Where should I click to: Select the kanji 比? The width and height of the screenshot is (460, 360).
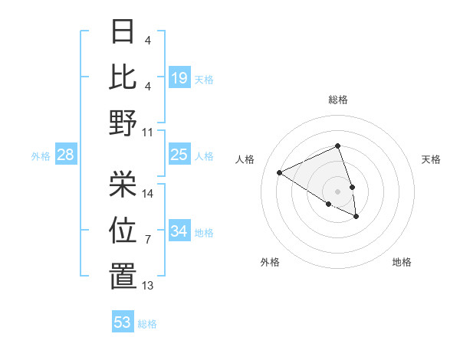click(123, 77)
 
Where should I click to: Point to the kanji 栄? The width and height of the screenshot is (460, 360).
click(123, 182)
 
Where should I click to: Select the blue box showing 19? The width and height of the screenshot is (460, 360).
click(179, 78)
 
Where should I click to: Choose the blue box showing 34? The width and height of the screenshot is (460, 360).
click(179, 231)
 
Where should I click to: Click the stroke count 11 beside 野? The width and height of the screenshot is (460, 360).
click(148, 132)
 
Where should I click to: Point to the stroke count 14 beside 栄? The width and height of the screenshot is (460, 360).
click(148, 193)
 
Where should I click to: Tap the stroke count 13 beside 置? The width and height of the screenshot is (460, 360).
click(148, 286)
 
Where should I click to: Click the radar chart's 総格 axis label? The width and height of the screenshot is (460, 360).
click(338, 100)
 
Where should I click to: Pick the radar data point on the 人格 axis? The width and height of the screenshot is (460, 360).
click(280, 172)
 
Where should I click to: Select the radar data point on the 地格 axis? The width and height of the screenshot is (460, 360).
click(356, 217)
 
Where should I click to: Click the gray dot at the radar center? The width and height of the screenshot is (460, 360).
click(338, 191)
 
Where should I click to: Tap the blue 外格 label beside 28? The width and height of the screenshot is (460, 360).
click(41, 156)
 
